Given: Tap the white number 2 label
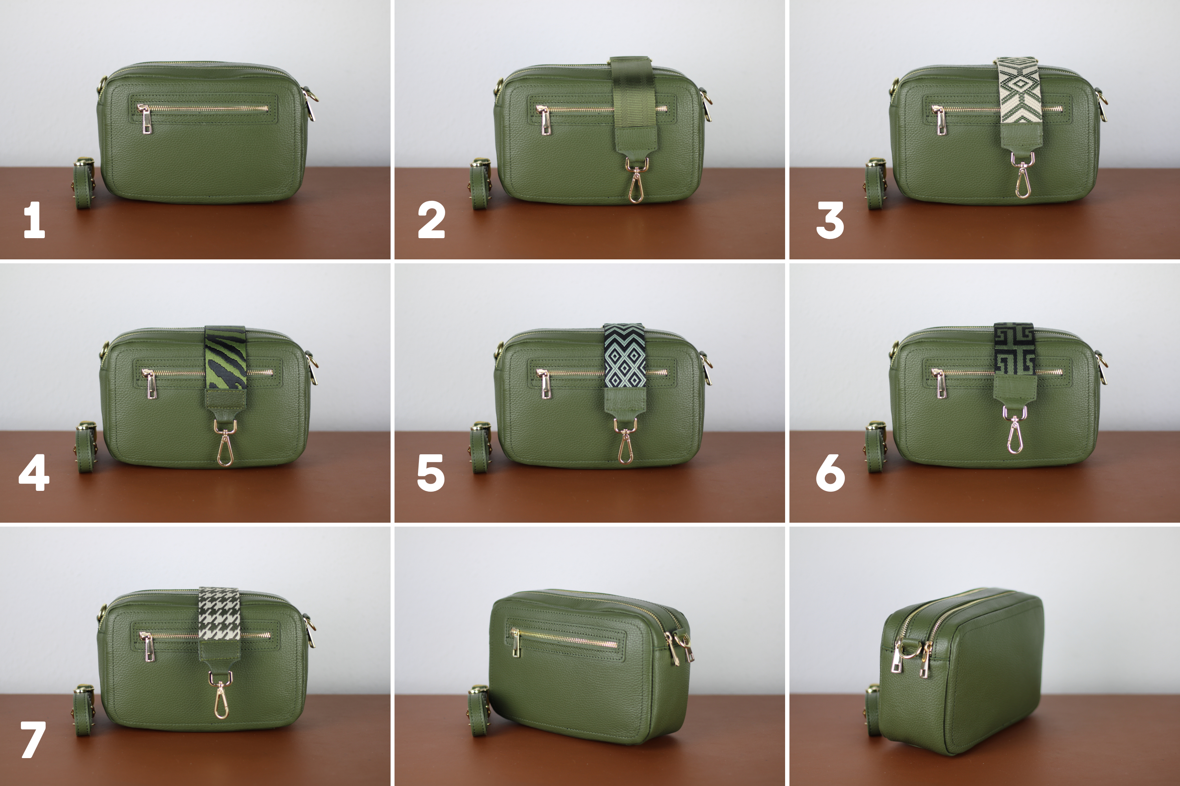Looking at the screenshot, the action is [x=431, y=220].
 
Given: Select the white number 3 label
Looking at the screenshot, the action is [x=830, y=220].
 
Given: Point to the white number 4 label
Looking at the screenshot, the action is [x=34, y=472].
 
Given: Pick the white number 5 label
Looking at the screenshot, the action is [x=431, y=473].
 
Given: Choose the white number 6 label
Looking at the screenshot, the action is [x=830, y=473].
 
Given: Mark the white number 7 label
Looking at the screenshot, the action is [x=33, y=739].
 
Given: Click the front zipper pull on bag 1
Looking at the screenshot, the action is [x=145, y=120].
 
